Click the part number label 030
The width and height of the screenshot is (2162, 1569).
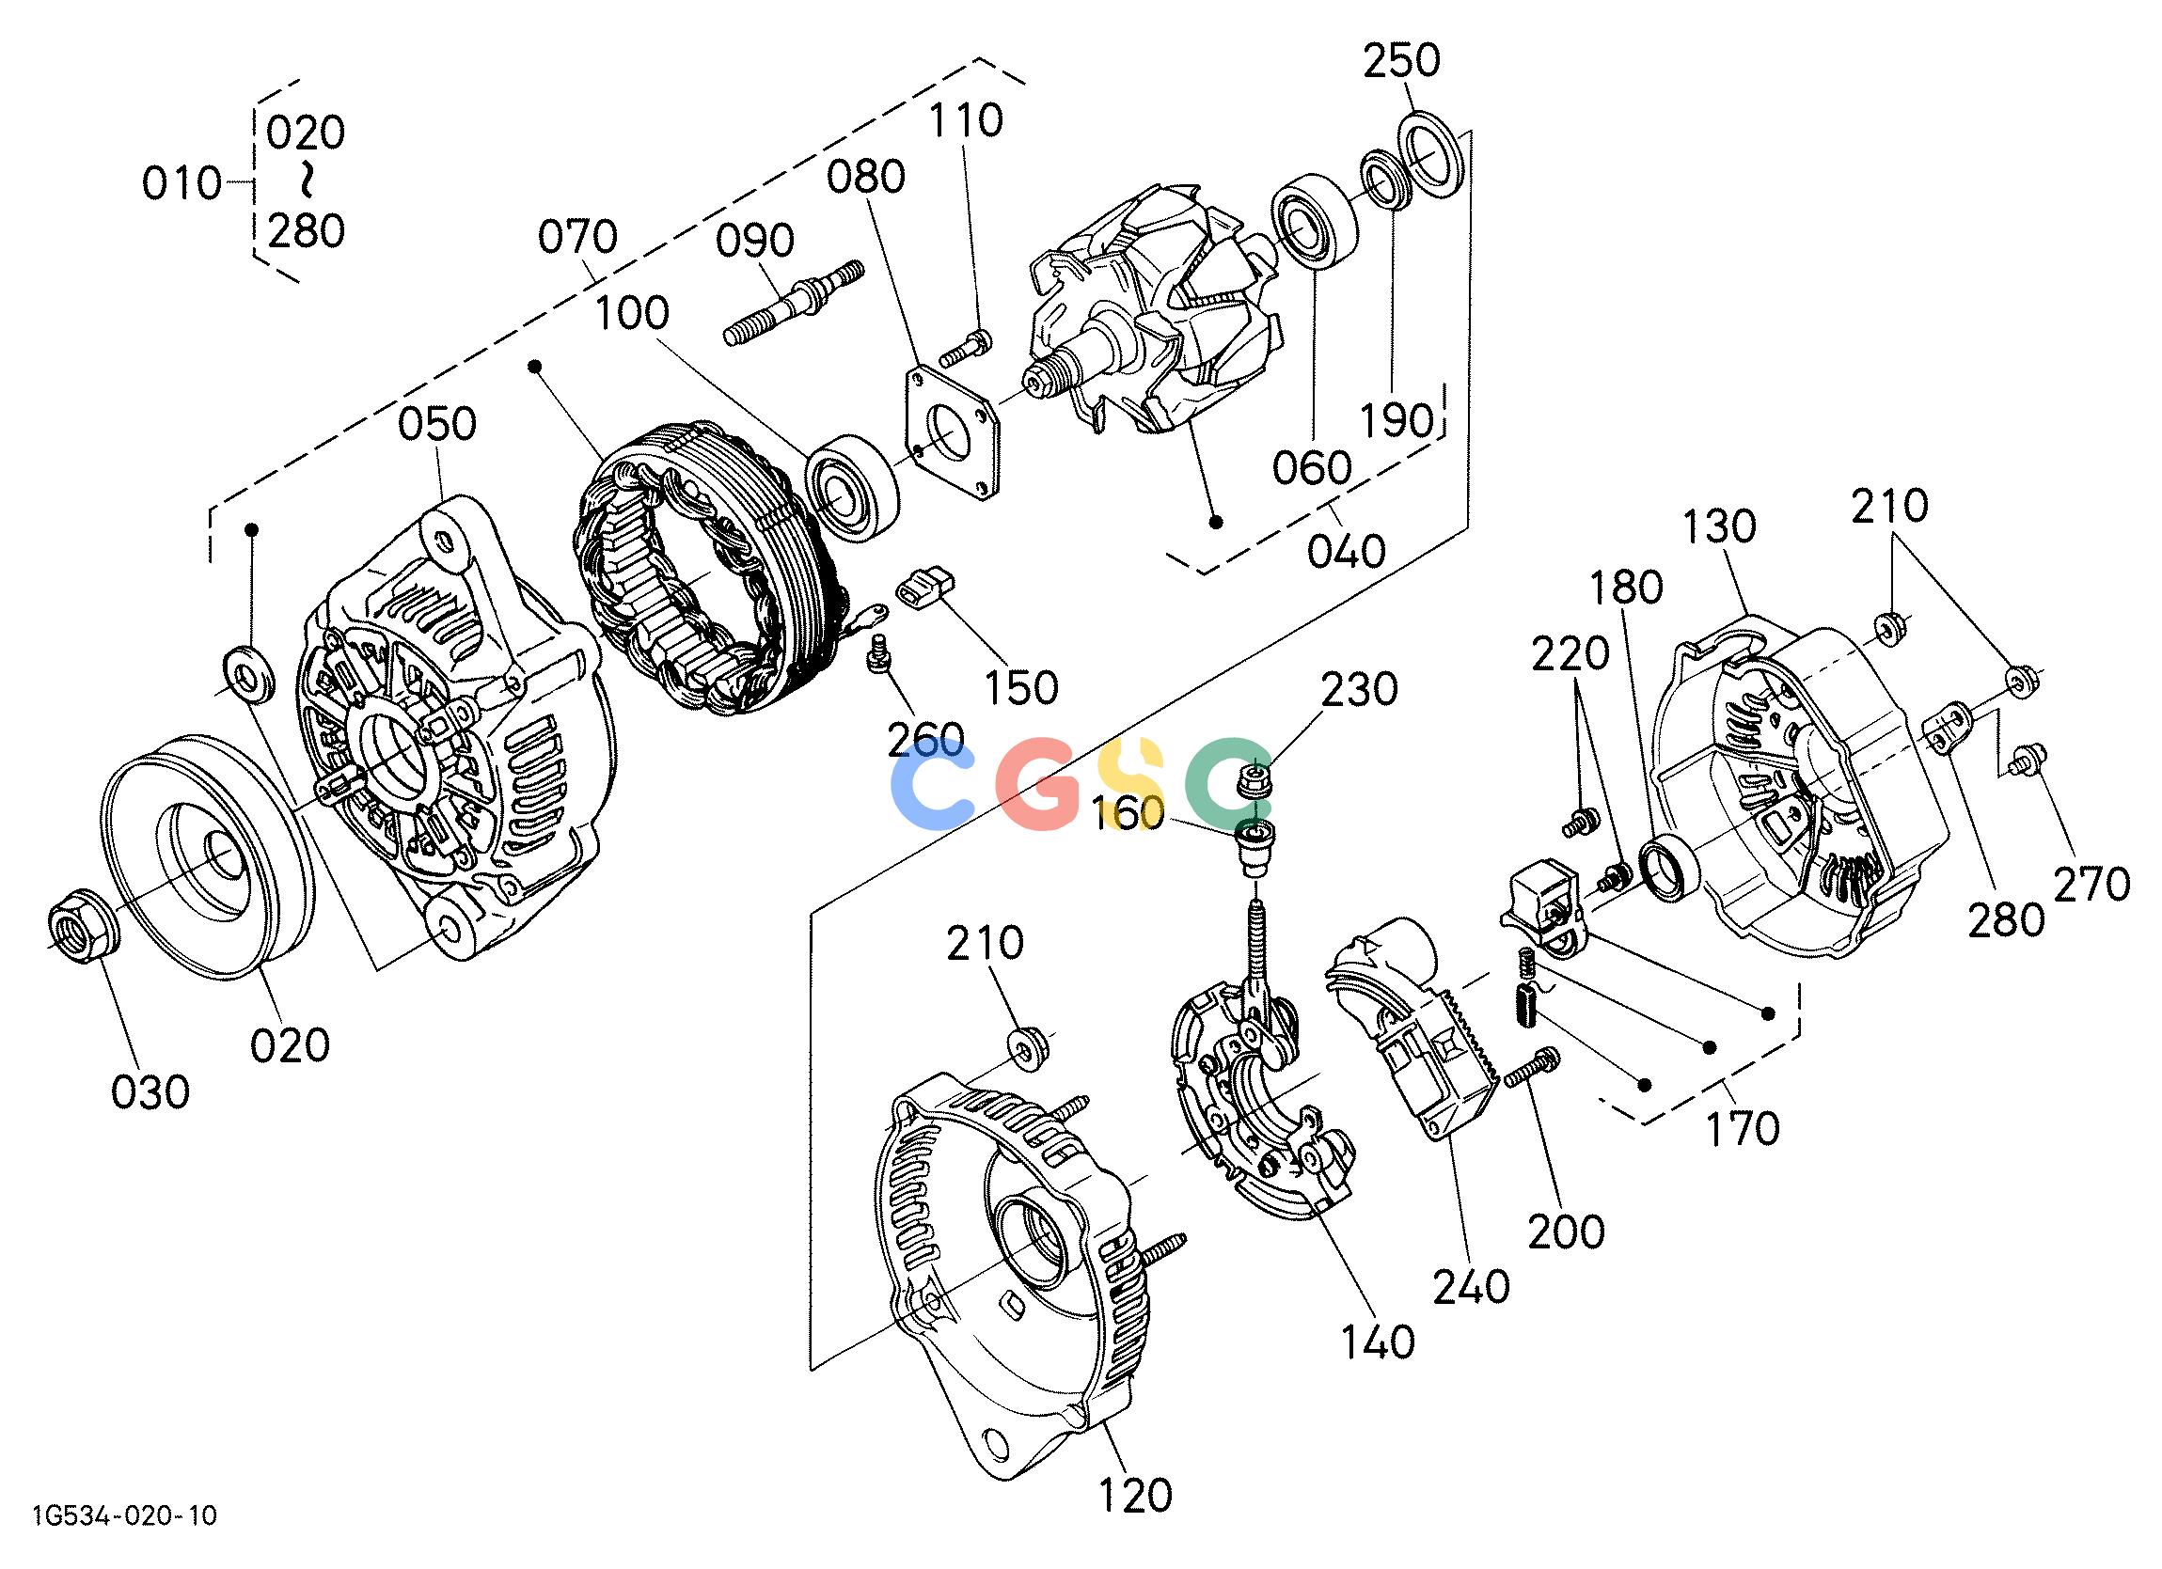coord(150,1092)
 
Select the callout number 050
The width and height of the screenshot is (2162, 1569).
coord(437,424)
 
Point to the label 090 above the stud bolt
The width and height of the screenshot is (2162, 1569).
coord(755,242)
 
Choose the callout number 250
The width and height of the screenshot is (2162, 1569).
coord(1400,61)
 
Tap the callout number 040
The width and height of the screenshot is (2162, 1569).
coord(1346,551)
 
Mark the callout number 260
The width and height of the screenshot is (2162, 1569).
coord(924,739)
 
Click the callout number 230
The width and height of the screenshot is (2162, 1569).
coord(1358,689)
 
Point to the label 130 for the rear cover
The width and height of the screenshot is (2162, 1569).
coord(1719,526)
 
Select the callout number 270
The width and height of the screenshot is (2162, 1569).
coord(2091,885)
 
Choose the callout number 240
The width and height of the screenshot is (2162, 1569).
coord(1472,1287)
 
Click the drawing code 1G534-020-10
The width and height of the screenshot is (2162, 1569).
coord(125,1543)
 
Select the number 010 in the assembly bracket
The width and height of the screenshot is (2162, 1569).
coord(181,183)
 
